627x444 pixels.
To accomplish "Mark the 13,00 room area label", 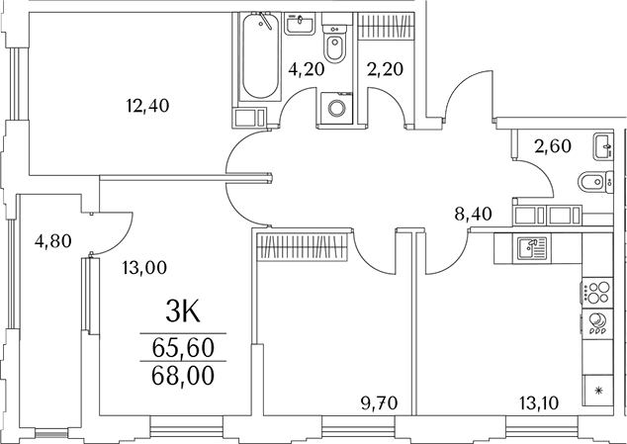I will click(x=143, y=266).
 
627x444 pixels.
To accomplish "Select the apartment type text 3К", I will click(x=183, y=314).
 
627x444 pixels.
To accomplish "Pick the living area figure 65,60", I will click(x=183, y=347).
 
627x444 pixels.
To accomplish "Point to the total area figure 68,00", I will click(x=183, y=376).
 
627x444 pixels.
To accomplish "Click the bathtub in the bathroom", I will click(x=260, y=57).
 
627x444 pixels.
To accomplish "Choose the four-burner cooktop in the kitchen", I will click(x=596, y=293).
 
